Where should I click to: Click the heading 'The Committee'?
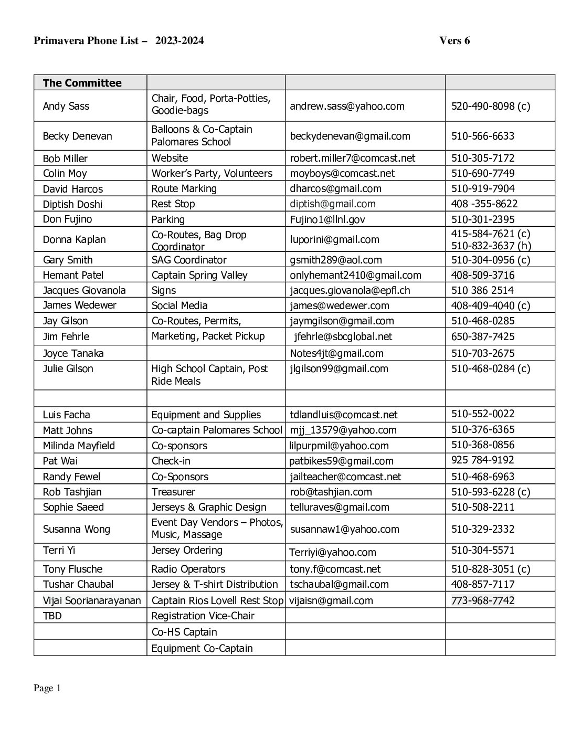(x=82, y=83)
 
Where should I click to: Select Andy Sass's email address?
(x=347, y=106)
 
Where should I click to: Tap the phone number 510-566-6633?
(x=482, y=136)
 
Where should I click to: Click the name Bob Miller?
(x=65, y=159)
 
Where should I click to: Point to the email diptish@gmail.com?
(x=332, y=204)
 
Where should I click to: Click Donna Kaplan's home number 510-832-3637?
(x=491, y=246)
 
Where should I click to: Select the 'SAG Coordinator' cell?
(x=189, y=260)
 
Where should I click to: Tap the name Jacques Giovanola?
(x=84, y=290)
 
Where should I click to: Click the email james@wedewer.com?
(x=339, y=305)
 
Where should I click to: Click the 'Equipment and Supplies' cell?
(x=206, y=415)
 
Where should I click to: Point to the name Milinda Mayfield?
(x=79, y=446)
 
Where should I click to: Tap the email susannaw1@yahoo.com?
(x=344, y=529)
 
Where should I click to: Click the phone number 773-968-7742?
(x=482, y=600)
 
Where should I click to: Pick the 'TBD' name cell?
(x=52, y=616)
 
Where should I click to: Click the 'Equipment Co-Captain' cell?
(x=202, y=648)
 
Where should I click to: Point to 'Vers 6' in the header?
(x=454, y=40)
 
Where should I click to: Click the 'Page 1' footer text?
(x=47, y=688)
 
